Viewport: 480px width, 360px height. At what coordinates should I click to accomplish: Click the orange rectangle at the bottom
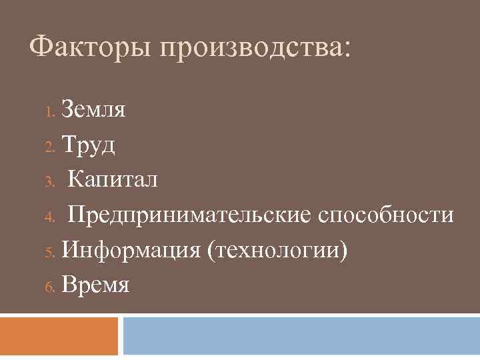pyautogui.click(x=59, y=336)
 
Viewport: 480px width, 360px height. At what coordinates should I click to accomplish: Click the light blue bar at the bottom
pyautogui.click(x=301, y=336)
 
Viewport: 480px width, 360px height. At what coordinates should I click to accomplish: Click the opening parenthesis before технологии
pyautogui.click(x=211, y=251)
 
